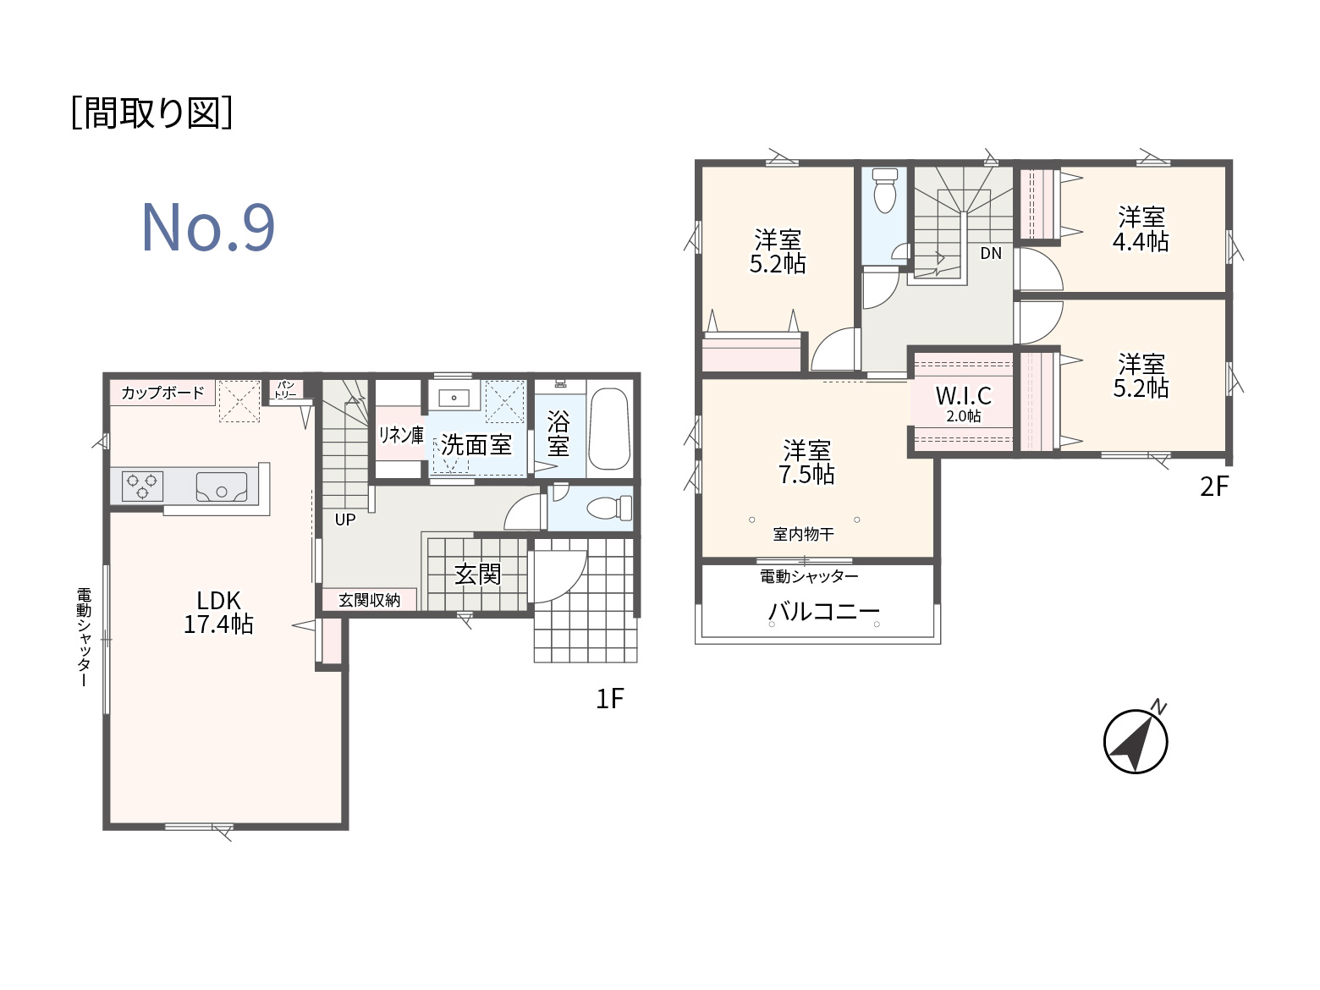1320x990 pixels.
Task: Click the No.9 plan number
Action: click(x=208, y=228)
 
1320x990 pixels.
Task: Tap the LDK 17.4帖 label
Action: click(x=218, y=612)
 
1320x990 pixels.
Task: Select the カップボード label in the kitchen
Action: click(x=163, y=393)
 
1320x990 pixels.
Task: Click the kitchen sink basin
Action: click(x=222, y=487)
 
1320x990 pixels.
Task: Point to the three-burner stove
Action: click(x=142, y=487)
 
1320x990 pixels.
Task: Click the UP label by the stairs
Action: click(x=345, y=520)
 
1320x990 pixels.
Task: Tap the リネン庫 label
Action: click(x=400, y=435)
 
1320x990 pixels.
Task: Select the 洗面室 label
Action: click(x=476, y=445)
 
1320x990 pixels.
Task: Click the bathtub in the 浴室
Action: click(x=609, y=429)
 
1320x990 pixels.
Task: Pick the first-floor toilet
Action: click(x=609, y=508)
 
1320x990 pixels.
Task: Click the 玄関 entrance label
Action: click(x=477, y=574)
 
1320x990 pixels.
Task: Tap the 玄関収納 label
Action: click(x=369, y=600)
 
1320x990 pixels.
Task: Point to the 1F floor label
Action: click(x=610, y=698)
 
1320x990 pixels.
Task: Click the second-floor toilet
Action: click(x=884, y=190)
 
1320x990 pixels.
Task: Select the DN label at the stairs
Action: click(x=991, y=253)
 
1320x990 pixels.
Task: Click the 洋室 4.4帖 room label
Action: click(x=1141, y=229)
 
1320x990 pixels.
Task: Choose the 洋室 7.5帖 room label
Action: click(x=806, y=462)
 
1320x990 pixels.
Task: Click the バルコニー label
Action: click(x=824, y=611)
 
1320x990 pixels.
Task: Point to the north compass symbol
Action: click(x=1136, y=740)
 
